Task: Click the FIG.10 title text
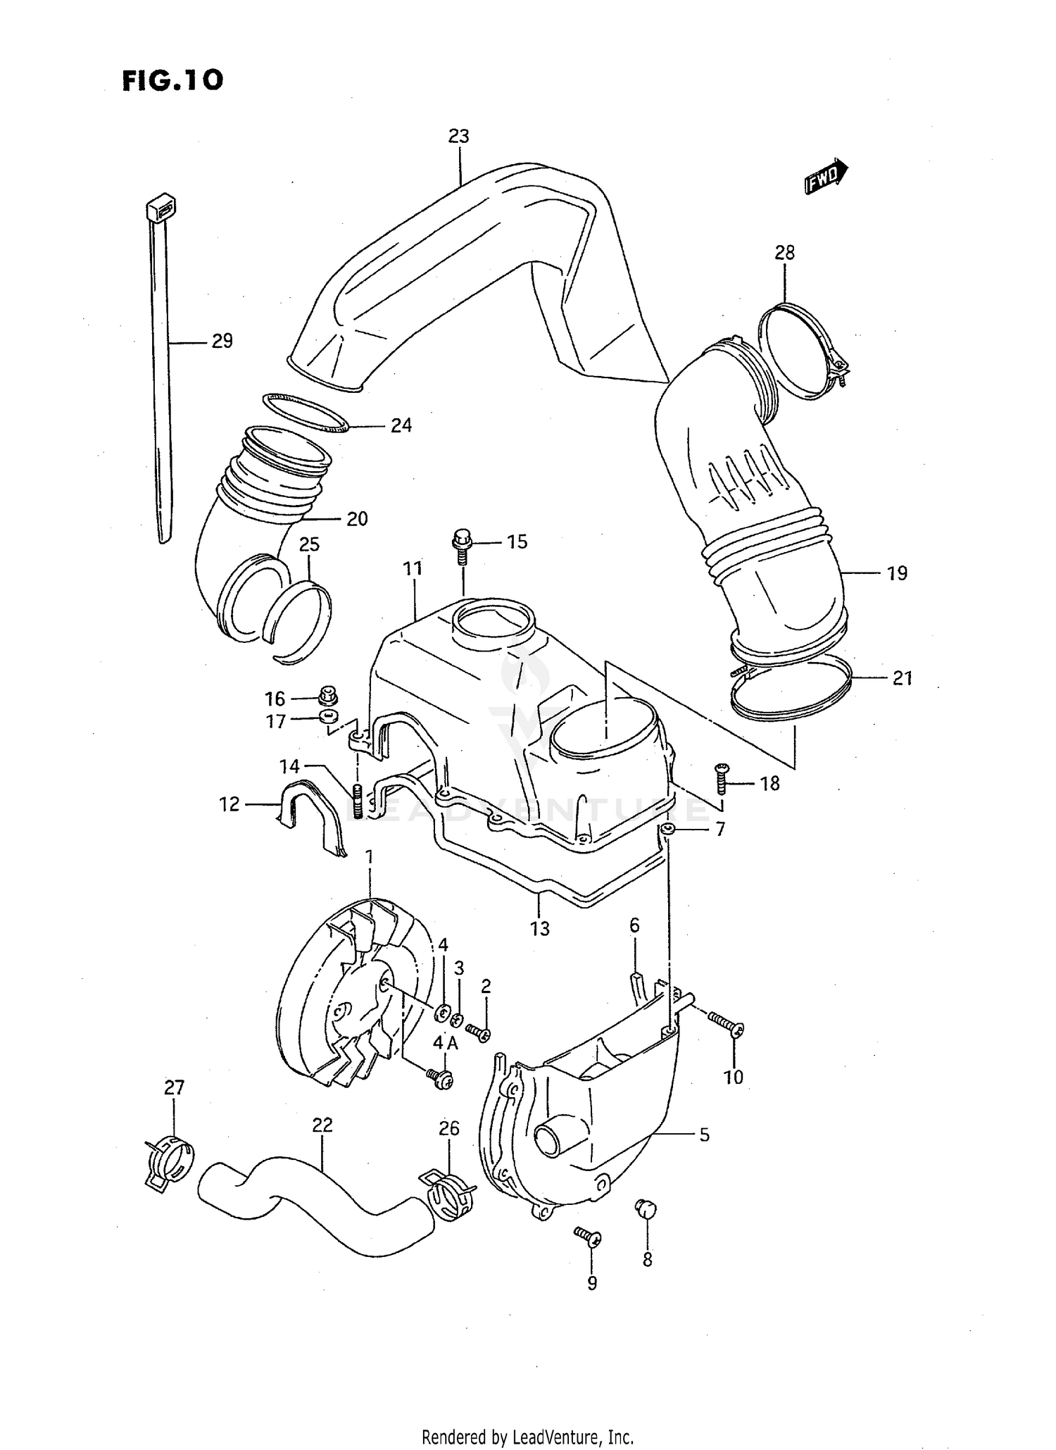[173, 80]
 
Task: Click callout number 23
[458, 137]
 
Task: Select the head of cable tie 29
[161, 208]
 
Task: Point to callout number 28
[784, 253]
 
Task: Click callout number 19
[897, 573]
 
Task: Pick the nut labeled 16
[327, 695]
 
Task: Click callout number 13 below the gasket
[539, 929]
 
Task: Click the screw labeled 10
[724, 1025]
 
